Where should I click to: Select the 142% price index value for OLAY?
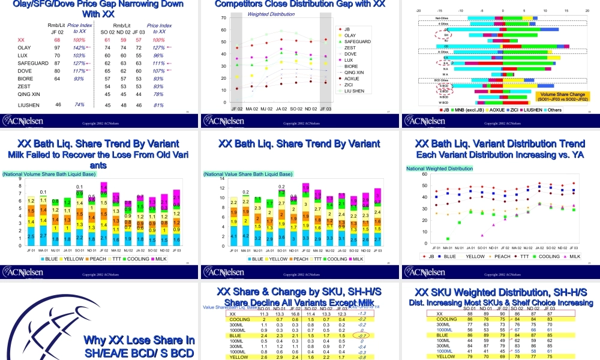[79, 47]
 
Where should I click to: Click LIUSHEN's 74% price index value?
[79, 104]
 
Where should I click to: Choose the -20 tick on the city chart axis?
[418, 11]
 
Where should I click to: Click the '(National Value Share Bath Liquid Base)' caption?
[248, 174]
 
